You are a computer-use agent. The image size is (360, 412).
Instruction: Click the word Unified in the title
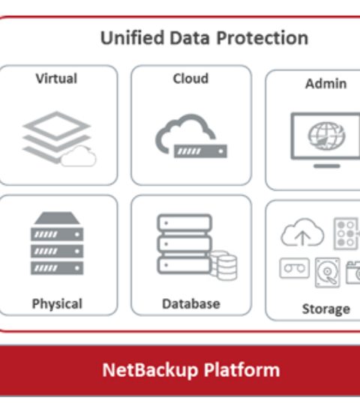click(132, 38)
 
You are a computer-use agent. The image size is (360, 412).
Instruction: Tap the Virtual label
click(56, 79)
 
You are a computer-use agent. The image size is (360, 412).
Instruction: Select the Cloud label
click(190, 79)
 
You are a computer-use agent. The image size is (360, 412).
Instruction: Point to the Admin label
click(325, 84)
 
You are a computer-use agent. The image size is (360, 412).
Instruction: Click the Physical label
click(57, 304)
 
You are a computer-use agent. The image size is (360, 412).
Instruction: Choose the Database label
click(191, 303)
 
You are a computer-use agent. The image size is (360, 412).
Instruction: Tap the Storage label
click(326, 309)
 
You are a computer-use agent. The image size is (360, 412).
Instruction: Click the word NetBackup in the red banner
click(150, 370)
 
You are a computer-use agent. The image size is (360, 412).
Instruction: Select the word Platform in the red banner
click(241, 369)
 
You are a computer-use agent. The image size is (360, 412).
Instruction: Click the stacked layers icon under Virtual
click(57, 137)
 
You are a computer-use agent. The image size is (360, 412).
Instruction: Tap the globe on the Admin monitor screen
click(326, 136)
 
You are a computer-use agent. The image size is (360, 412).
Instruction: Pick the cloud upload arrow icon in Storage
click(302, 233)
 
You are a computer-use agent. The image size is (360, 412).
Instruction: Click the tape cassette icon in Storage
click(295, 268)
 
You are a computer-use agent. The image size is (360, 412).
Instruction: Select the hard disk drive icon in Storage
click(327, 273)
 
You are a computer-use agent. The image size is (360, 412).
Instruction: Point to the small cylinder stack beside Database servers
click(223, 265)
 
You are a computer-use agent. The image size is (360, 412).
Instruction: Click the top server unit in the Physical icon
click(57, 234)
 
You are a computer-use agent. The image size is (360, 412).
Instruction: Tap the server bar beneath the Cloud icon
click(200, 151)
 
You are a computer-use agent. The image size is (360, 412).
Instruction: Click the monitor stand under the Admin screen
click(327, 166)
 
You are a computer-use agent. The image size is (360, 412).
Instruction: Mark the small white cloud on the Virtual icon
click(79, 157)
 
